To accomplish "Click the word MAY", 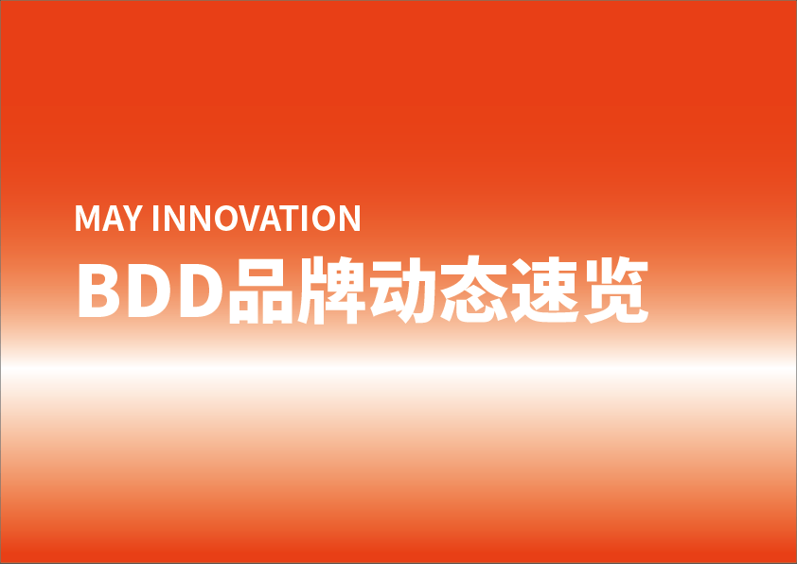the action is click(x=109, y=218).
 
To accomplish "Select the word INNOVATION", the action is click(x=257, y=218).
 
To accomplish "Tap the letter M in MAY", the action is click(x=87, y=218).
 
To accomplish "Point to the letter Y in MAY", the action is click(x=133, y=218).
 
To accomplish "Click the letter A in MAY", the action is click(x=113, y=218).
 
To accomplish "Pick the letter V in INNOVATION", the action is click(x=252, y=218).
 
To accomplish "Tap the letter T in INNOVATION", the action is click(x=289, y=218).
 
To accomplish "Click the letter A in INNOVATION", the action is click(x=271, y=218).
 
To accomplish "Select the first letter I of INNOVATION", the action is click(x=155, y=218).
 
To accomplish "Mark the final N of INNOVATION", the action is click(x=349, y=218).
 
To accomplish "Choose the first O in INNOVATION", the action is click(x=226, y=218).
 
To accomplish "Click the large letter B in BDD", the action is click(x=98, y=291).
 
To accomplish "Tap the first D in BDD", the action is click(x=149, y=291).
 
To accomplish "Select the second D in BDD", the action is click(x=202, y=291).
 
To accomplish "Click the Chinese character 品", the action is click(x=261, y=291).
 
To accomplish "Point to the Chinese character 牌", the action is click(x=331, y=291).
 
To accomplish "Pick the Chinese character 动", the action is click(x=402, y=291).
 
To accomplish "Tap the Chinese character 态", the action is click(x=473, y=290).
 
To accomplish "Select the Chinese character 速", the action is click(x=545, y=291).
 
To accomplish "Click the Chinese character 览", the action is click(x=616, y=291).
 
